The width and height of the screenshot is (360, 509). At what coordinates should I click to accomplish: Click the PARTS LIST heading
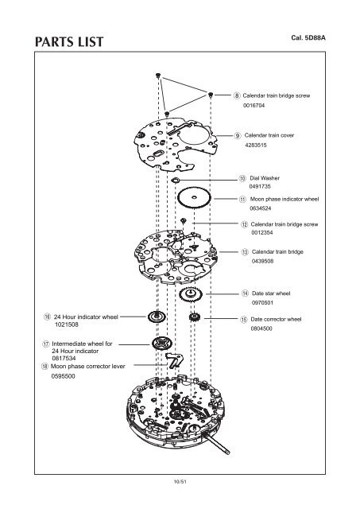[69, 42]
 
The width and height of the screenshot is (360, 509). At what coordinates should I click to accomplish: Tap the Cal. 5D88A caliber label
[308, 37]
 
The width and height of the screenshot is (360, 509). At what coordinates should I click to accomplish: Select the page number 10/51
[180, 482]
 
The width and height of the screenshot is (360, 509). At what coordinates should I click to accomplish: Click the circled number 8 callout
[237, 95]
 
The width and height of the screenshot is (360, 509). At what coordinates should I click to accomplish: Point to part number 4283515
[256, 145]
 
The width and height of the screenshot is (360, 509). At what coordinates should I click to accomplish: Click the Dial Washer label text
[265, 178]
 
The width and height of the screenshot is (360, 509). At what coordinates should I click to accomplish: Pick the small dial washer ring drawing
[176, 180]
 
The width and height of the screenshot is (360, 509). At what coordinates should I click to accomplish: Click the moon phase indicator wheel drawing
[194, 197]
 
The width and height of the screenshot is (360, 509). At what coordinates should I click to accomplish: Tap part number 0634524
[261, 208]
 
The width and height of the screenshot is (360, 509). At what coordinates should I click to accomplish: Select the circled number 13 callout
[245, 252]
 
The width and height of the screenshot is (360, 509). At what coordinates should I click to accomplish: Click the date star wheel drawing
[191, 294]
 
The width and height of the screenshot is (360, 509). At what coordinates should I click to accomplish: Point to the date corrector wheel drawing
[194, 317]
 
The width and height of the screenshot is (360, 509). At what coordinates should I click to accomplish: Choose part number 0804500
[261, 328]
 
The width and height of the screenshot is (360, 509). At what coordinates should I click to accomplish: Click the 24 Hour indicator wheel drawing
[157, 317]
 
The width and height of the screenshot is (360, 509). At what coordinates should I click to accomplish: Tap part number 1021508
[67, 324]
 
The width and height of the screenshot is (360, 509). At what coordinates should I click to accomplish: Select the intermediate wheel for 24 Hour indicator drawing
[161, 343]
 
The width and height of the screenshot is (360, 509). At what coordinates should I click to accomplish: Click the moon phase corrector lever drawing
[174, 360]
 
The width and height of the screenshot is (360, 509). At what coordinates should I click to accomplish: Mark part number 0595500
[64, 376]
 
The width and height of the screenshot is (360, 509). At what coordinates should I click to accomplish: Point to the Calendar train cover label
[269, 135]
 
